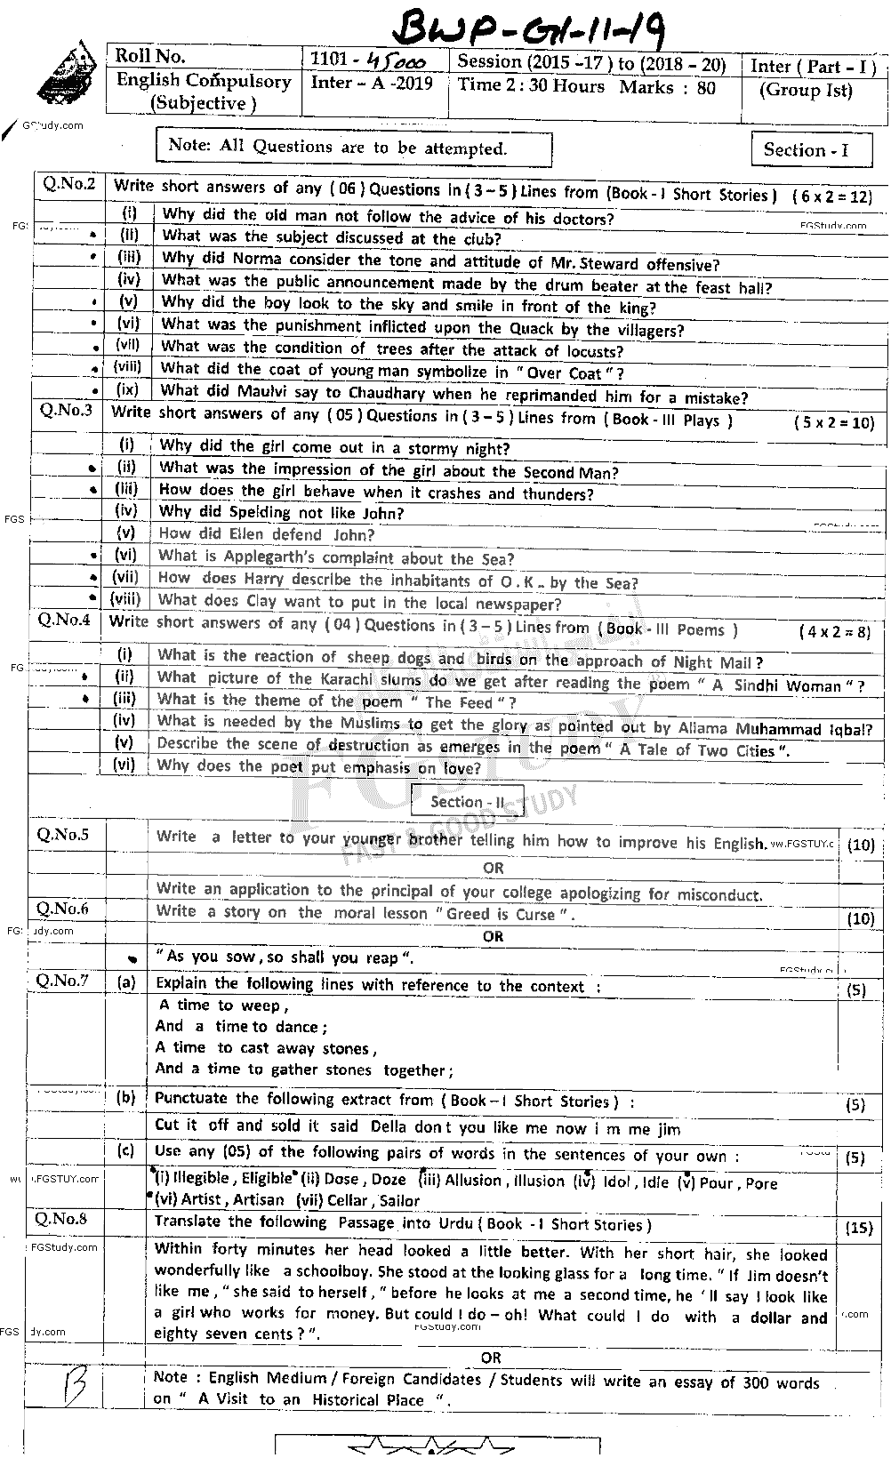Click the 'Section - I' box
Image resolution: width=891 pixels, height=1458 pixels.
[x=806, y=150]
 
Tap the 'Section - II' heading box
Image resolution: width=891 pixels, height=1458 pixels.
[x=467, y=801]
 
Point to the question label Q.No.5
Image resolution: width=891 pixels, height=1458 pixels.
[x=62, y=835]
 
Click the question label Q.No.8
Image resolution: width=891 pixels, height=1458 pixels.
[x=61, y=1219]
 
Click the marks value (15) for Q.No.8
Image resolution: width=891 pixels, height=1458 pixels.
[x=858, y=1229]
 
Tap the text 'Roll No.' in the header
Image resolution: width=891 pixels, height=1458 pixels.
[x=151, y=57]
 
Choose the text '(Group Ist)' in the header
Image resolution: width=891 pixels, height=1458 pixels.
[x=806, y=91]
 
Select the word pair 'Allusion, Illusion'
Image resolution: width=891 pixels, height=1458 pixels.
[x=492, y=1181]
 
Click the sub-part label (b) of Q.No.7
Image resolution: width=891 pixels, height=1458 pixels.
[x=126, y=1097]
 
